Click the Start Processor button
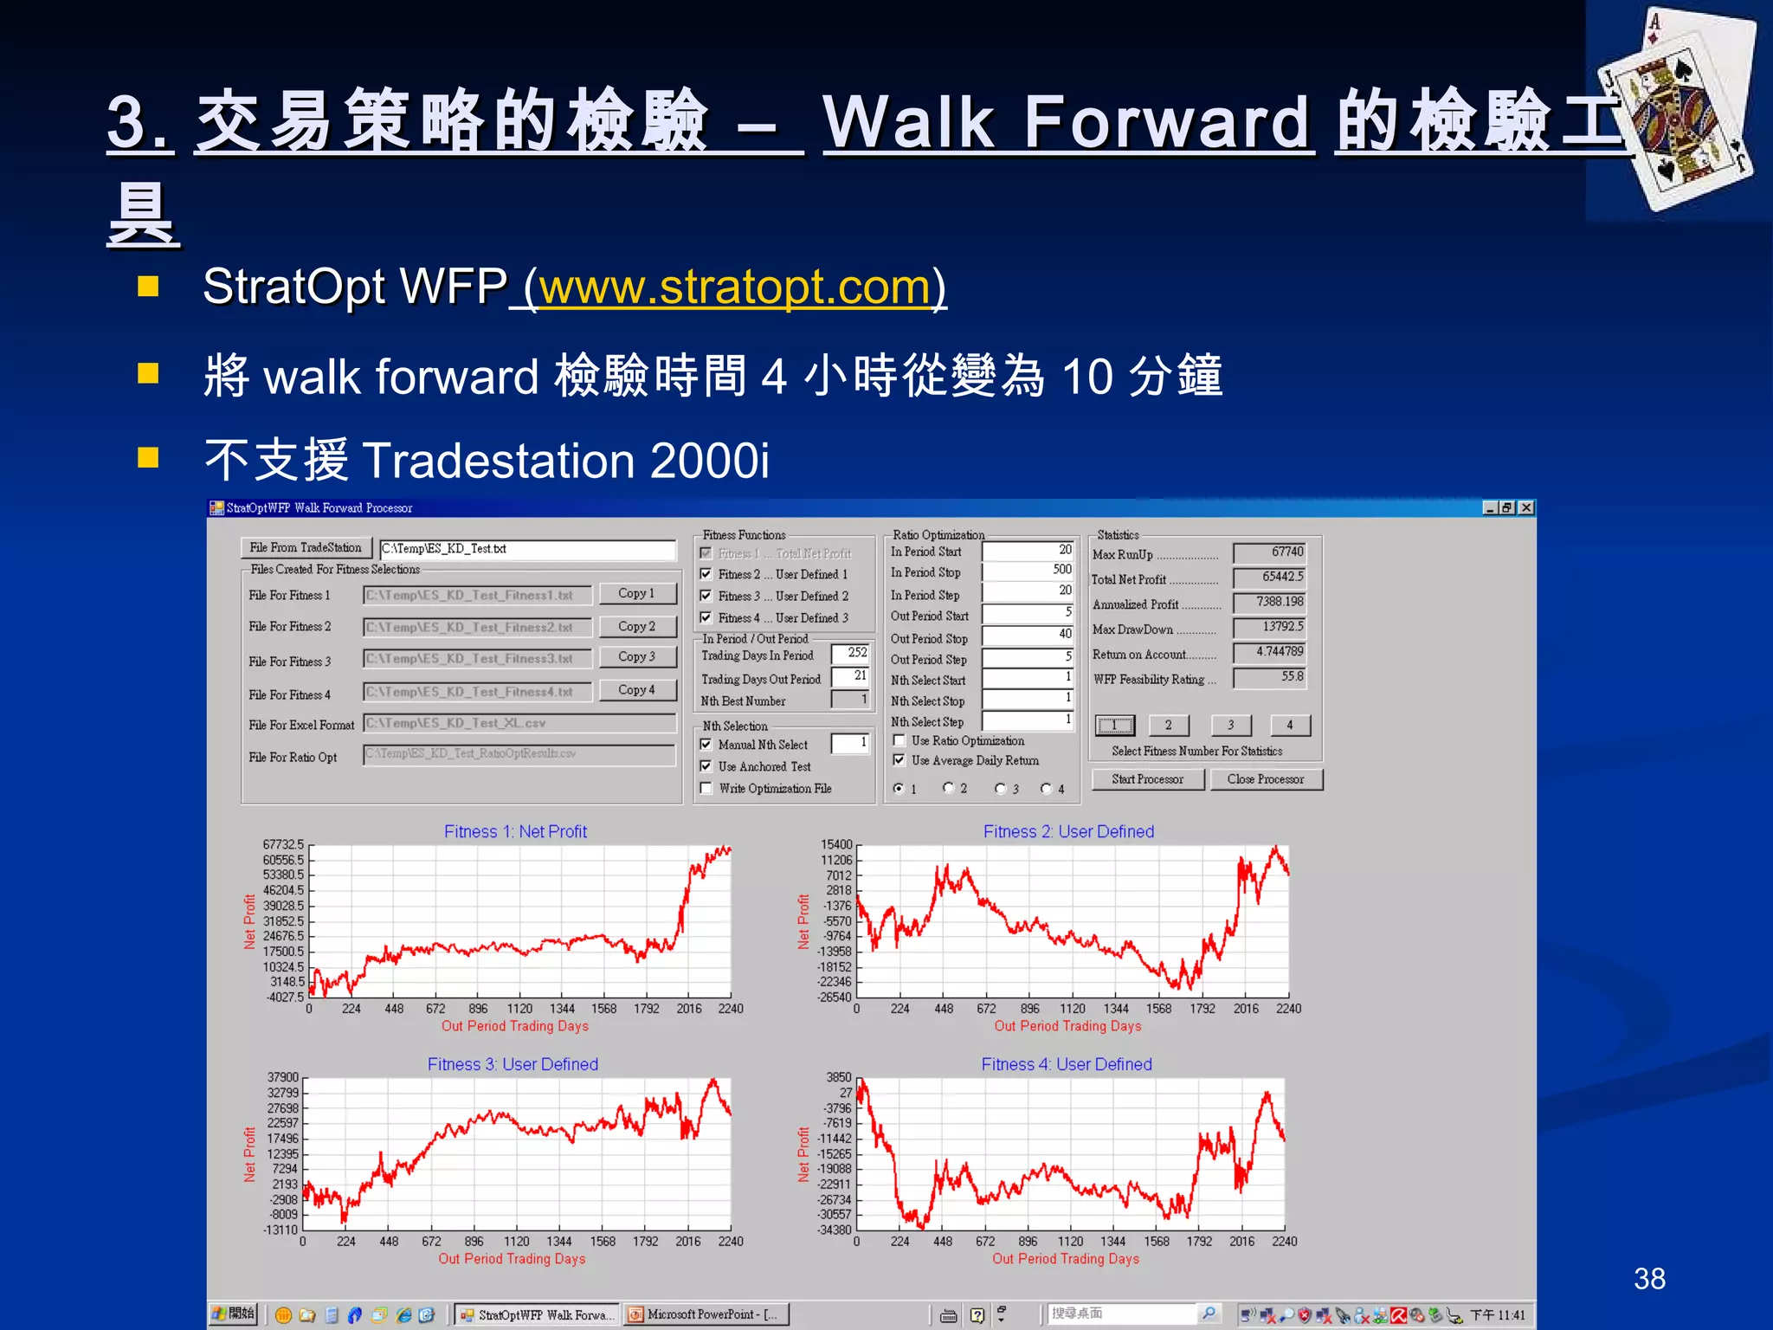tap(1147, 779)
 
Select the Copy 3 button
tap(636, 656)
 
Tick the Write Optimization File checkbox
tap(706, 788)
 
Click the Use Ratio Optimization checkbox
tap(899, 740)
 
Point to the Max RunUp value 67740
tap(1270, 552)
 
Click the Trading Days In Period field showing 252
tap(850, 653)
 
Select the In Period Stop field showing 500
tap(1028, 570)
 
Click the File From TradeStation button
tap(306, 547)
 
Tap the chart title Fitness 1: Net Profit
tap(515, 831)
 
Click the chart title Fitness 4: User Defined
tap(1067, 1064)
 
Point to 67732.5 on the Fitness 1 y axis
tap(283, 844)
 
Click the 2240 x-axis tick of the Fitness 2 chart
tap(1288, 1009)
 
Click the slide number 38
tap(1649, 1279)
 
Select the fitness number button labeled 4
tap(1290, 726)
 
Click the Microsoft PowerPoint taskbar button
tap(706, 1314)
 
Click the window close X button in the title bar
tap(1526, 508)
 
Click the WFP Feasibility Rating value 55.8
tap(1270, 677)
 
